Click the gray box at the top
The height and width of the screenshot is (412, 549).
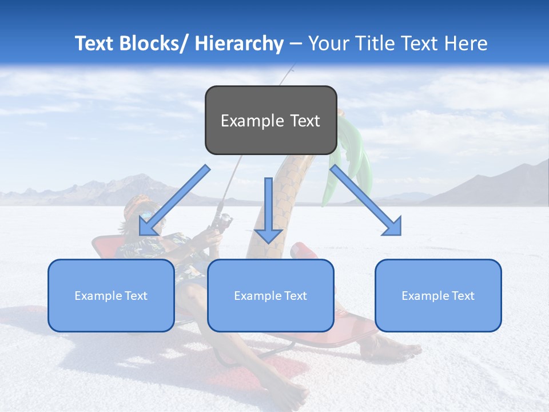click(x=270, y=120)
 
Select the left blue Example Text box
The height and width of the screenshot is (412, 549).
click(x=111, y=295)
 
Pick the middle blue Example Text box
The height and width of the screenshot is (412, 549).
click(x=270, y=295)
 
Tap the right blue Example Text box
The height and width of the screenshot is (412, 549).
click(x=438, y=295)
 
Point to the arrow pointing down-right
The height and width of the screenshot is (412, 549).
click(x=367, y=201)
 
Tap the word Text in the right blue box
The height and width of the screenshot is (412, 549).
click(x=462, y=295)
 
